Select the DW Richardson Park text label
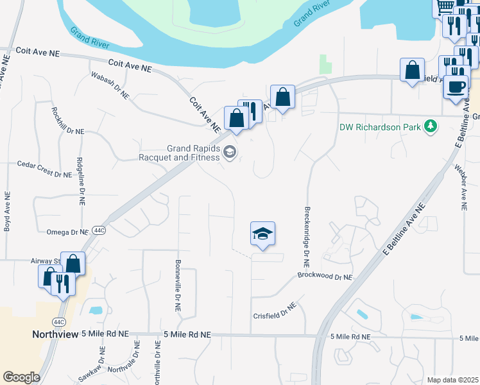380,126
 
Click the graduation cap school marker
262,234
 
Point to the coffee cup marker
456,87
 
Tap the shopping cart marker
444,6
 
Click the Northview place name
55,334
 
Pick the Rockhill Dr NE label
67,120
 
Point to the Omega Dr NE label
67,232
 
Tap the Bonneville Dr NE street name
176,286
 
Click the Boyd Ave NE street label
7,210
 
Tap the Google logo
21,377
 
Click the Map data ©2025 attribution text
452,380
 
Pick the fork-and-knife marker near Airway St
63,283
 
